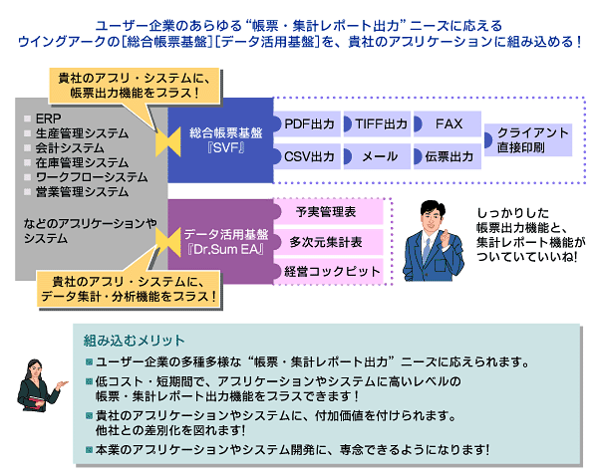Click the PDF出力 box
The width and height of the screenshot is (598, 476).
[309, 124]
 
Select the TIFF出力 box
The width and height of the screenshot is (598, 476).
[381, 124]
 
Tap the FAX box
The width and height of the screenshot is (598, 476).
[448, 124]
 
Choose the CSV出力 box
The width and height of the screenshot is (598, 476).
[309, 156]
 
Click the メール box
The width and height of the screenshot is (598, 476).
[379, 156]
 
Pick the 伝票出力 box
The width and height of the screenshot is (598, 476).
[448, 156]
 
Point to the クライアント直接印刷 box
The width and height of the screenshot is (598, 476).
[532, 140]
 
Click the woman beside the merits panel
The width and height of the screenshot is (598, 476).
[41, 385]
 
